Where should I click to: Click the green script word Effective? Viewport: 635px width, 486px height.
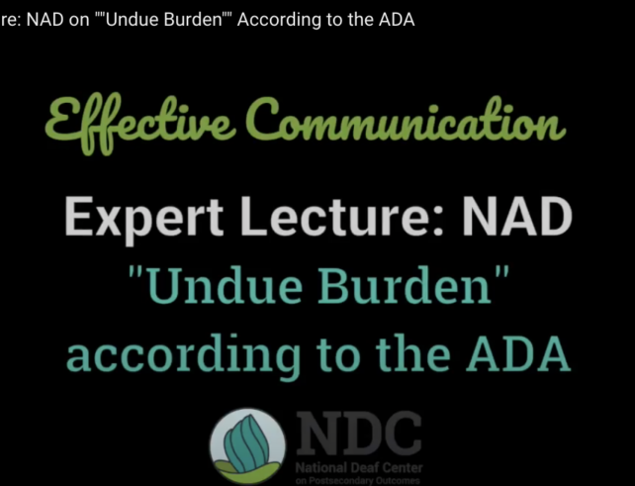click(x=140, y=124)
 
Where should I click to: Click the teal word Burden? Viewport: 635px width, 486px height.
click(x=405, y=285)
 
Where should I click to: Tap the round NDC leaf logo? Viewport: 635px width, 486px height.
click(x=247, y=445)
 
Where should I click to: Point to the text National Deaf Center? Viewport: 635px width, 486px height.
click(x=359, y=468)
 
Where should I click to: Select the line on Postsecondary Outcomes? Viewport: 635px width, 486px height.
click(x=358, y=481)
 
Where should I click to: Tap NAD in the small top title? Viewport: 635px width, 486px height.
click(x=45, y=20)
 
